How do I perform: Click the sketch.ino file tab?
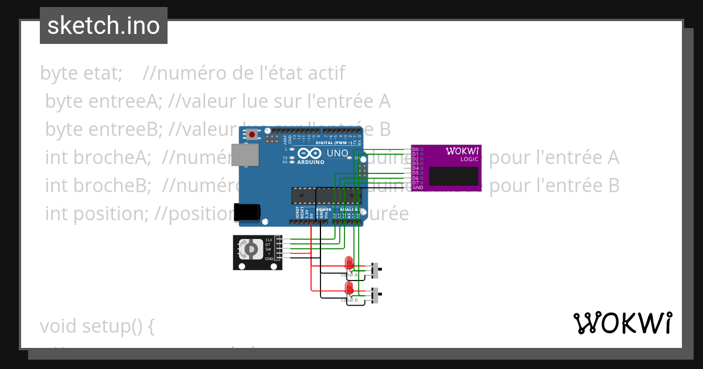104,26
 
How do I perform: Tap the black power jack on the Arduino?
246,212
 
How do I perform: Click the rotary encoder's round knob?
250,250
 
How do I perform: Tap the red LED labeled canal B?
349,288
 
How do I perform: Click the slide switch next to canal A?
376,270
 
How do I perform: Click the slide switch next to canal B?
376,295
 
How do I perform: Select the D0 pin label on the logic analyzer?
415,149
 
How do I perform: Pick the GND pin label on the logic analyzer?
417,187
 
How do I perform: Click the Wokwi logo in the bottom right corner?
622,323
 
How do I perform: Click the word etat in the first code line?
100,74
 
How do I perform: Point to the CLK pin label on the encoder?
269,240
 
